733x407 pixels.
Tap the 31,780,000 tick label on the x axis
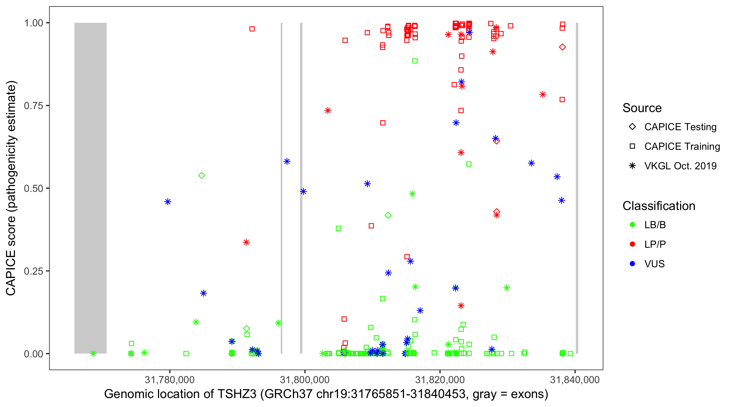pos(170,379)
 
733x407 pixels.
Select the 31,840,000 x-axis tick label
pos(575,379)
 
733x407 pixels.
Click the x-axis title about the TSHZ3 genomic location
pos(326,394)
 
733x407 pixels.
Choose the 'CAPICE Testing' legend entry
pos(680,127)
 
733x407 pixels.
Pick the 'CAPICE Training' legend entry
pos(682,147)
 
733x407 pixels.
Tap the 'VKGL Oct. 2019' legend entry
pos(680,166)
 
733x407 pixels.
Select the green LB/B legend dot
pos(633,225)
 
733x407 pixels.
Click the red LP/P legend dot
pos(633,244)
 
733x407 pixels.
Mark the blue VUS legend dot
pos(633,264)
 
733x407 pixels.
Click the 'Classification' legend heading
pos(659,206)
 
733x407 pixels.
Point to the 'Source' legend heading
pos(642,108)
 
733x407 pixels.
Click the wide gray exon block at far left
pos(90,188)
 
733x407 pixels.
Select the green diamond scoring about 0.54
pos(201,176)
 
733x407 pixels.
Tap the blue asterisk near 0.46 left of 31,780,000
pos(168,202)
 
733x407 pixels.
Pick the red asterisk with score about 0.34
pos(246,242)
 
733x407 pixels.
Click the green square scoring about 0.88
pos(415,61)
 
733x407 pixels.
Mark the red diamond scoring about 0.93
pos(562,47)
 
